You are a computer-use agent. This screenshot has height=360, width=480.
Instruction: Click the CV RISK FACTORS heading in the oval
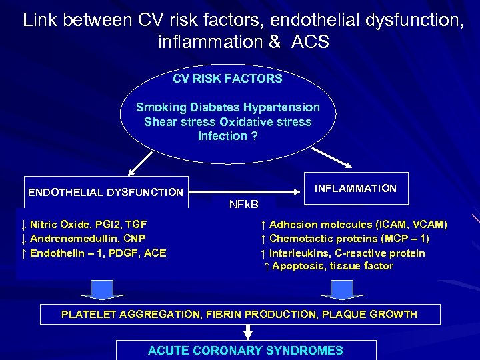click(227, 79)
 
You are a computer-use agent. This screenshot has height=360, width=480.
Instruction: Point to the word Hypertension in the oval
click(281, 107)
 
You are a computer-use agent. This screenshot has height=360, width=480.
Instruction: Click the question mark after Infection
click(254, 136)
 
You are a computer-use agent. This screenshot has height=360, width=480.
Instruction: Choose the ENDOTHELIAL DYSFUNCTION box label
click(105, 193)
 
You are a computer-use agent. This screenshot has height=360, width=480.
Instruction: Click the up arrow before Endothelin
click(24, 253)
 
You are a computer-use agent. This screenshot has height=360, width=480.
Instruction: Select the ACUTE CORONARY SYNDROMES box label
click(245, 350)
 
